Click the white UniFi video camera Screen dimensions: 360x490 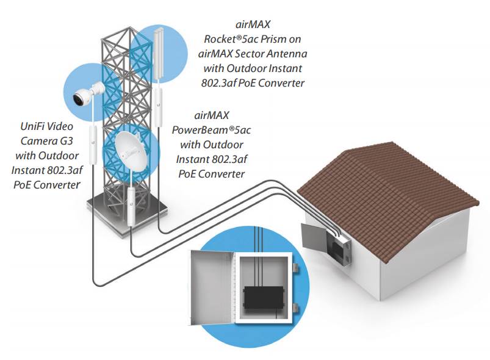[x=85, y=95]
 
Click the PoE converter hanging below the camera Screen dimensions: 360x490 [x=94, y=144]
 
